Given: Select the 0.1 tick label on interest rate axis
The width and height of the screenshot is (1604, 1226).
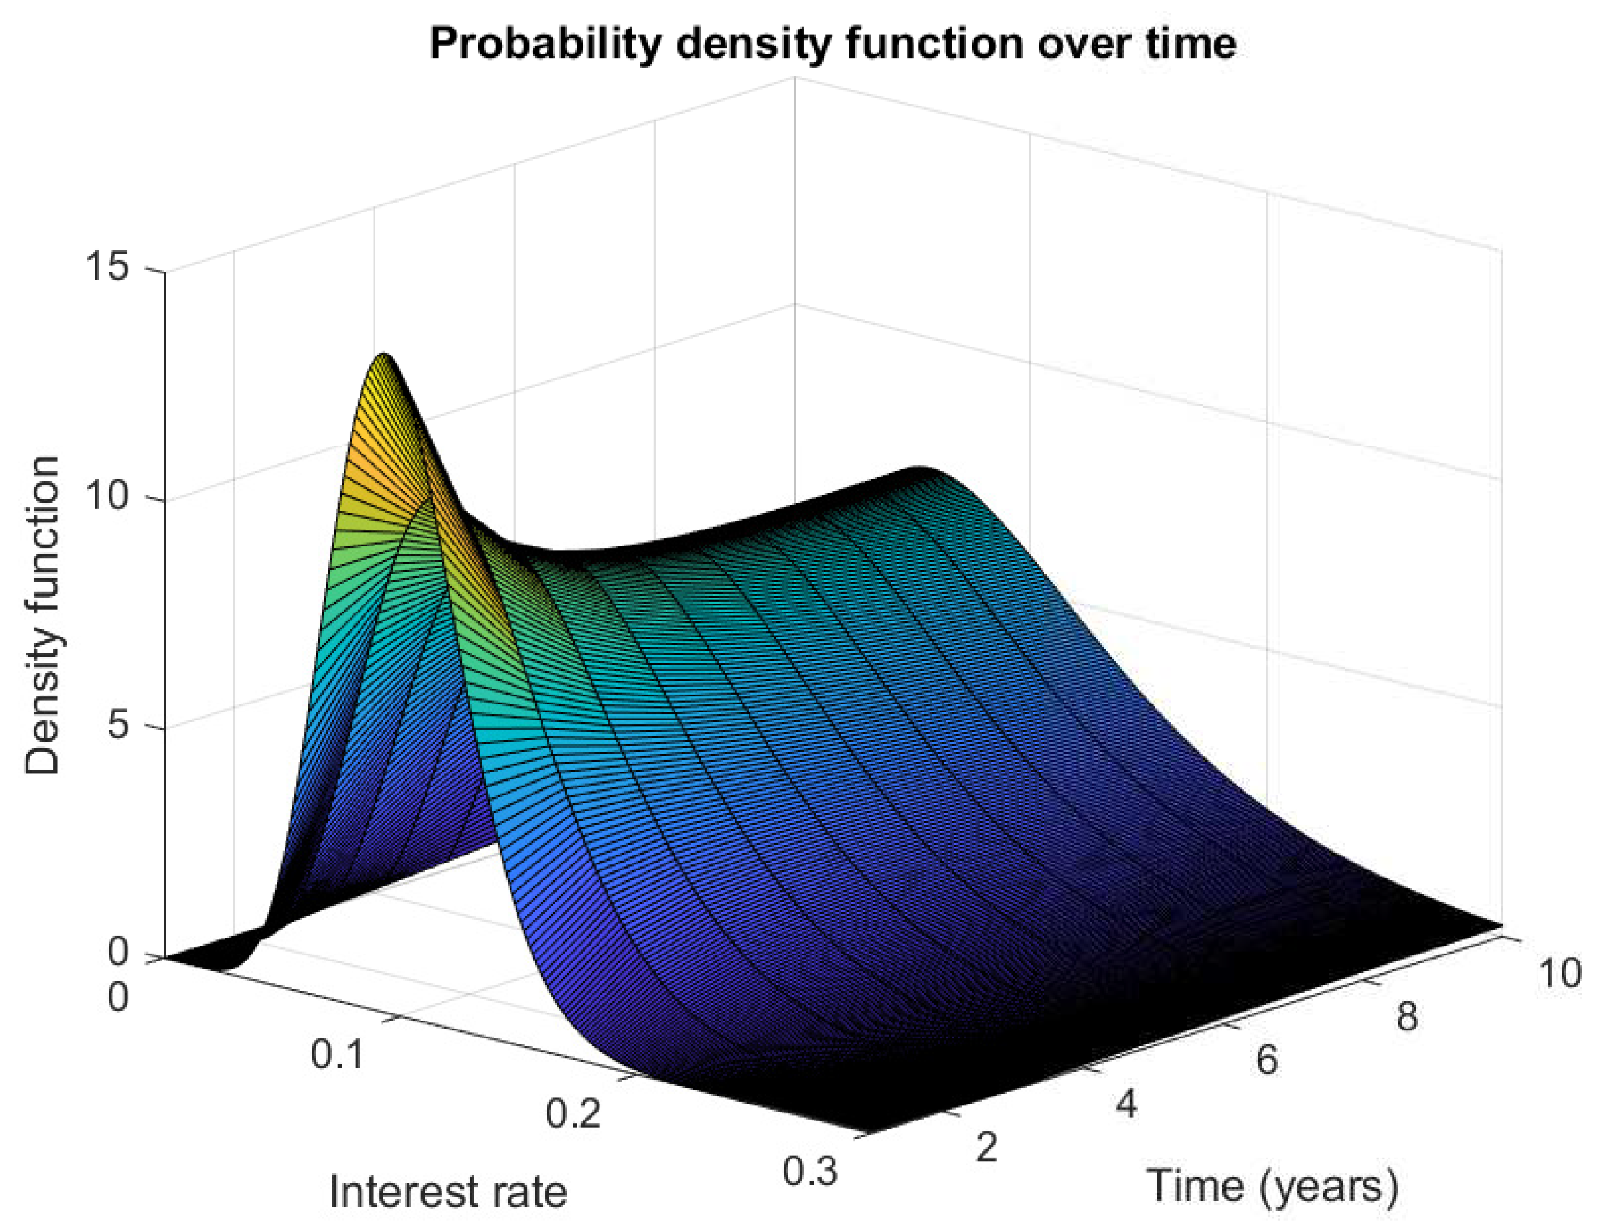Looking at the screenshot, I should point(337,1055).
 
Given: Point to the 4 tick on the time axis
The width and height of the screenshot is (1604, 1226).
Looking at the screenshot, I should point(1126,1104).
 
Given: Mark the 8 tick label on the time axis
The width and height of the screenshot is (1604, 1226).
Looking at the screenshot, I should point(1407,1016).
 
